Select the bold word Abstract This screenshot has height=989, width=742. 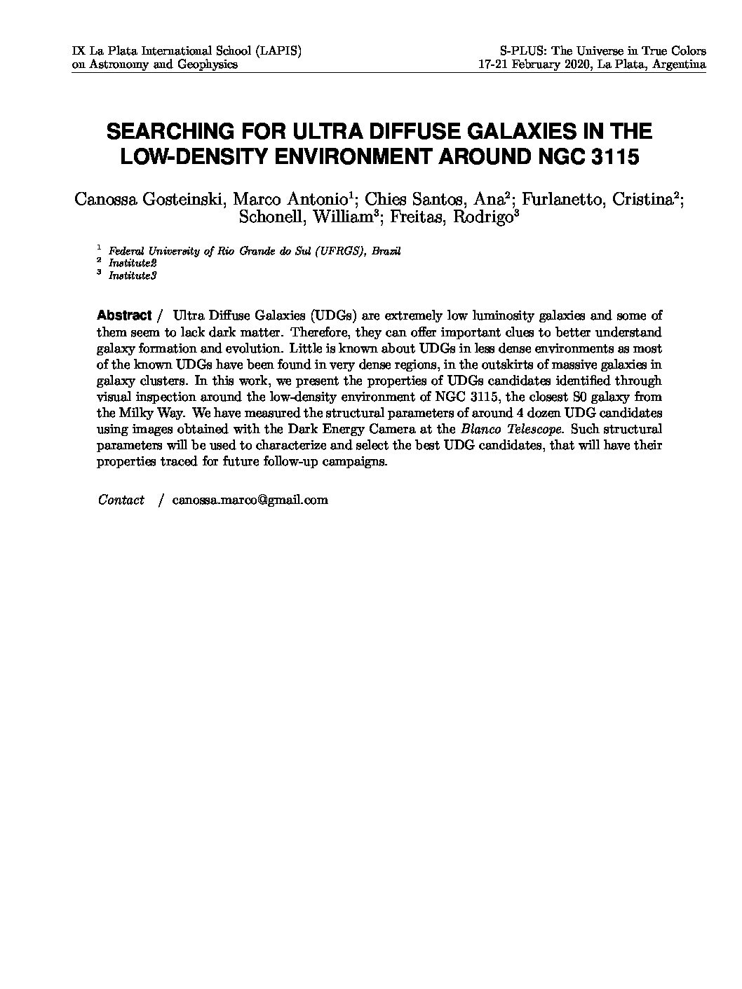(x=124, y=315)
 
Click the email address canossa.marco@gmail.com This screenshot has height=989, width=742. (x=250, y=500)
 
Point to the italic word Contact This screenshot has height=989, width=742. (x=121, y=500)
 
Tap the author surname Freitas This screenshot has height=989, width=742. (x=416, y=217)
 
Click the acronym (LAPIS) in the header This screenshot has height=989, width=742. (x=278, y=51)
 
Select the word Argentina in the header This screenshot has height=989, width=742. (x=679, y=64)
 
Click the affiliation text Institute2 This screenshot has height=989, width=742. (x=133, y=263)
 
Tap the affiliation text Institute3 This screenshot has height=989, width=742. (x=133, y=275)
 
